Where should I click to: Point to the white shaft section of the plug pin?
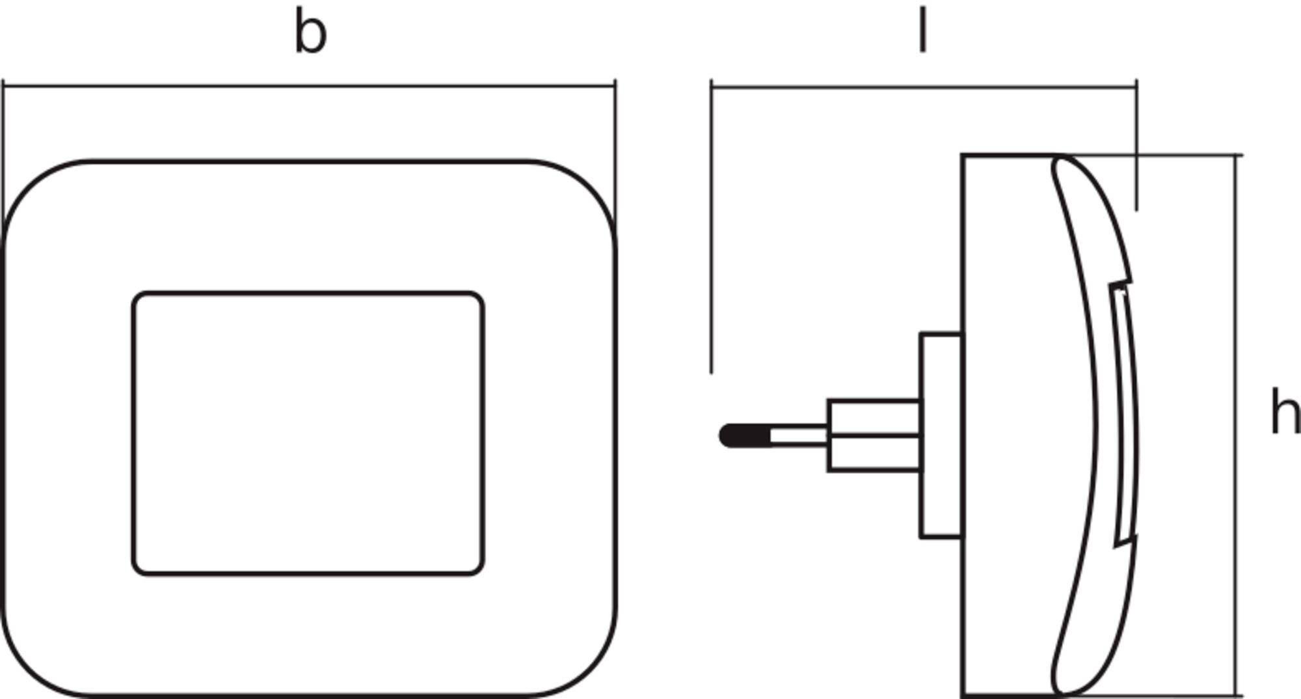799,435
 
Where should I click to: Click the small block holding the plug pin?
874,435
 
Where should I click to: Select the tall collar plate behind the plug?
941,435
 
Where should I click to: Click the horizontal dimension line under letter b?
309,85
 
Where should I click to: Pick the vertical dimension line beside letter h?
1236,425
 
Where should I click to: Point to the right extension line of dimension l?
1136,145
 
